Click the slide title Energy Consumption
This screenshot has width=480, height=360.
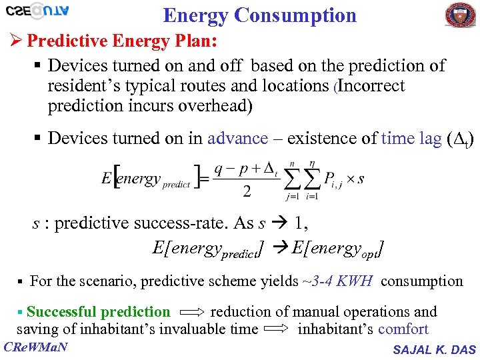tap(259, 15)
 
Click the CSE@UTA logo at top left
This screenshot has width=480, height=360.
tap(39, 12)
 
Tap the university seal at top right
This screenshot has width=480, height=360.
tap(461, 15)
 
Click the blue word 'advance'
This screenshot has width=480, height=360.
tap(237, 138)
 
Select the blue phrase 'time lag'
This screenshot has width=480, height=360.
tap(411, 138)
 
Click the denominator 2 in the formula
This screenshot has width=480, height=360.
tap(247, 192)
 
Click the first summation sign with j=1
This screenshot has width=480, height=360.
tap(291, 178)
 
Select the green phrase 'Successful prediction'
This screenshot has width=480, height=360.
tap(98, 311)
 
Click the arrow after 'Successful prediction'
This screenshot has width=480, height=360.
tap(191, 312)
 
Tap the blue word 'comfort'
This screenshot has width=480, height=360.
tap(403, 329)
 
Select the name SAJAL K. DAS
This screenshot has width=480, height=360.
tap(434, 349)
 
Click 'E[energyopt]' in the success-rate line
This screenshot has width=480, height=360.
tap(337, 249)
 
